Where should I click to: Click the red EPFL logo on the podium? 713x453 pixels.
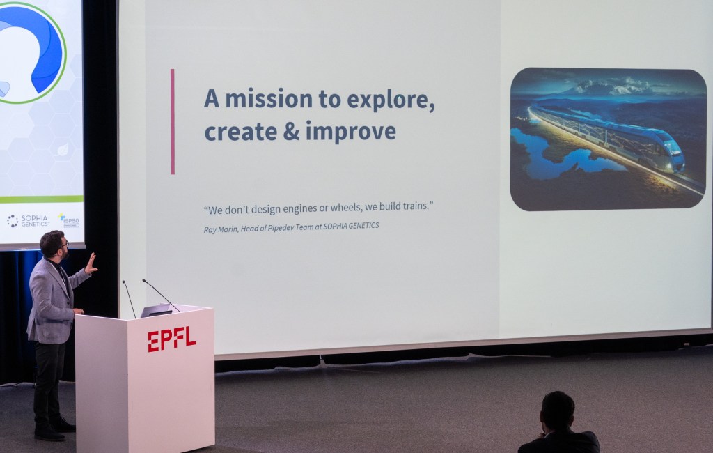click(x=171, y=339)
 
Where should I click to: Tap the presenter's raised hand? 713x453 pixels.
click(x=91, y=263)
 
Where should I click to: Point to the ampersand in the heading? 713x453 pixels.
click(x=291, y=132)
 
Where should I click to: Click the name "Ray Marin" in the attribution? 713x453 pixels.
click(x=220, y=229)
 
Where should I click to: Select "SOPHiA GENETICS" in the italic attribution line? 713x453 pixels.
click(x=351, y=226)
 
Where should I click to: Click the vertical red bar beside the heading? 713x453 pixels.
click(x=173, y=121)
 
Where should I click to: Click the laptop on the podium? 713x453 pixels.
click(x=157, y=310)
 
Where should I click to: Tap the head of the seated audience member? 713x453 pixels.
click(x=558, y=410)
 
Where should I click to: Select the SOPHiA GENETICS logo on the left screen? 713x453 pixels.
click(x=28, y=221)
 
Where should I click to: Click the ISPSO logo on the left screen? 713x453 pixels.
click(x=69, y=220)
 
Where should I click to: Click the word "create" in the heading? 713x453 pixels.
click(x=240, y=132)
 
